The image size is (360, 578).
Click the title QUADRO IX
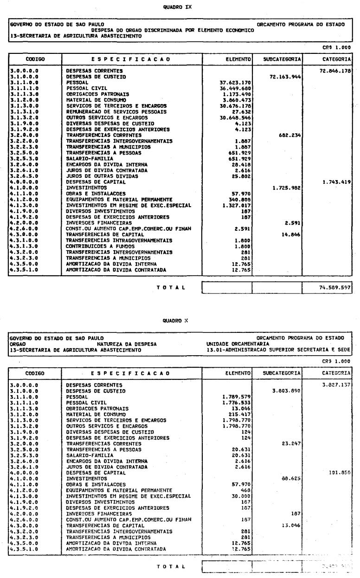coord(180,7)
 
